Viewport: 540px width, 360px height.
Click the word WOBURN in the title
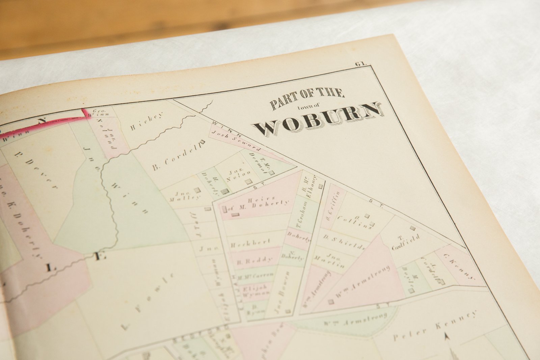pos(319,120)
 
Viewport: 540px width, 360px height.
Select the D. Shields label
pos(344,242)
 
